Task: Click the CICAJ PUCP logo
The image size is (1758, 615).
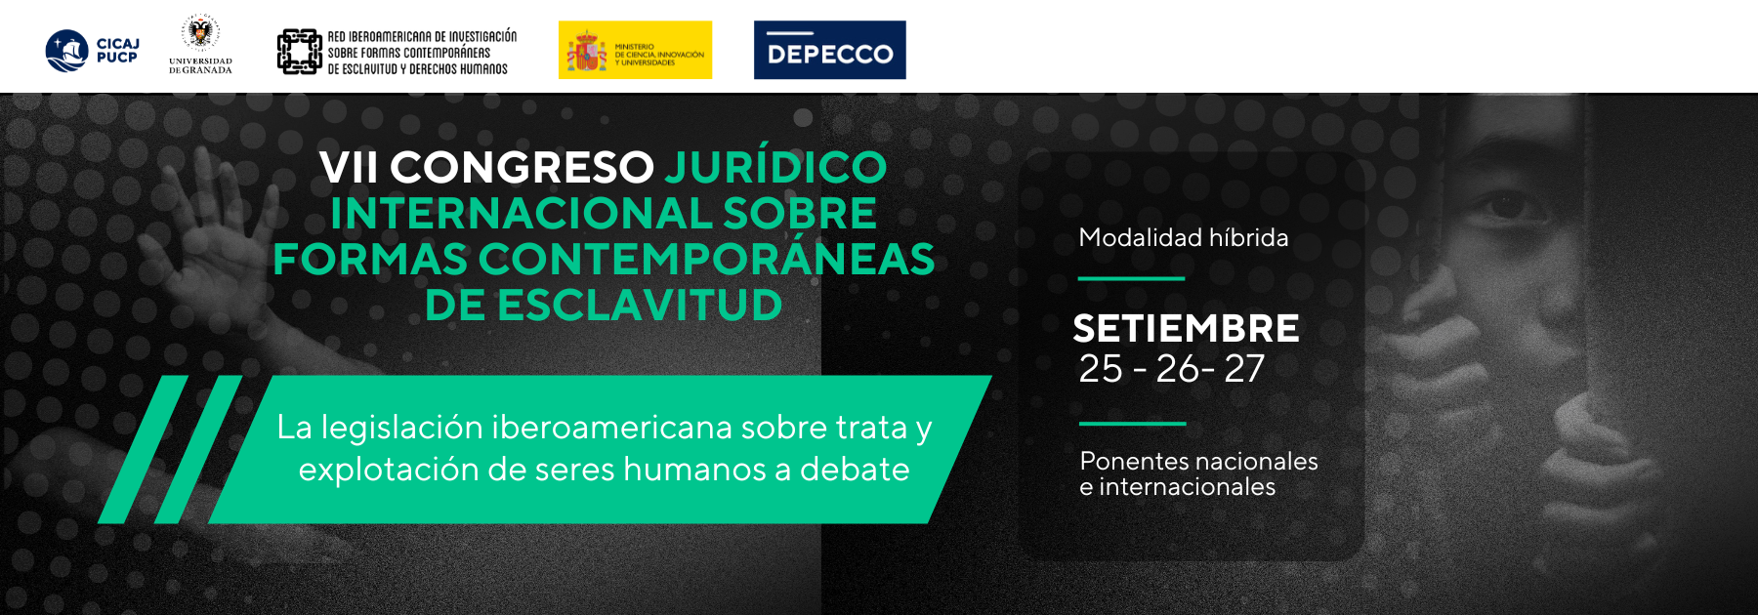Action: pyautogui.click(x=93, y=51)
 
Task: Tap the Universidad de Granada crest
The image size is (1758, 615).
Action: pyautogui.click(x=200, y=33)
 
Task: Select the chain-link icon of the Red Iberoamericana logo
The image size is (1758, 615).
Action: pyautogui.click(x=299, y=52)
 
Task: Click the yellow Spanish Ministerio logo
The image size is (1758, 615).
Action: pyautogui.click(x=635, y=50)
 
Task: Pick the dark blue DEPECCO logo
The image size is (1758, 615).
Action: pyautogui.click(x=830, y=50)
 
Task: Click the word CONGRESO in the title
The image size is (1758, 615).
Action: pyautogui.click(x=523, y=167)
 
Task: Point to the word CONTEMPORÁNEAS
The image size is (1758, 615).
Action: pyautogui.click(x=706, y=258)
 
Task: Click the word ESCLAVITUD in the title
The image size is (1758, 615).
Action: pyautogui.click(x=641, y=306)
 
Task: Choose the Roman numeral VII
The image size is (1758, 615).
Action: pyautogui.click(x=349, y=167)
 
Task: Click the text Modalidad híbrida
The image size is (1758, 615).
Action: pyautogui.click(x=1184, y=237)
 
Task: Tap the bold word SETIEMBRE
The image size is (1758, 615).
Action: pyautogui.click(x=1187, y=328)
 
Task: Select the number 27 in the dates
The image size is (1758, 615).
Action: pyautogui.click(x=1244, y=369)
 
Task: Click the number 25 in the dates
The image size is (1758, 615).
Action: pyautogui.click(x=1101, y=369)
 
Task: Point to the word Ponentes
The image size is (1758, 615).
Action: pyautogui.click(x=1132, y=461)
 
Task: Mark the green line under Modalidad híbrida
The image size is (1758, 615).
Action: pyautogui.click(x=1131, y=278)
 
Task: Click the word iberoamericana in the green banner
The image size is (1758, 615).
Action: pyautogui.click(x=612, y=428)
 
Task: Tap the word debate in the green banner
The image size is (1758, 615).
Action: pyautogui.click(x=855, y=470)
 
